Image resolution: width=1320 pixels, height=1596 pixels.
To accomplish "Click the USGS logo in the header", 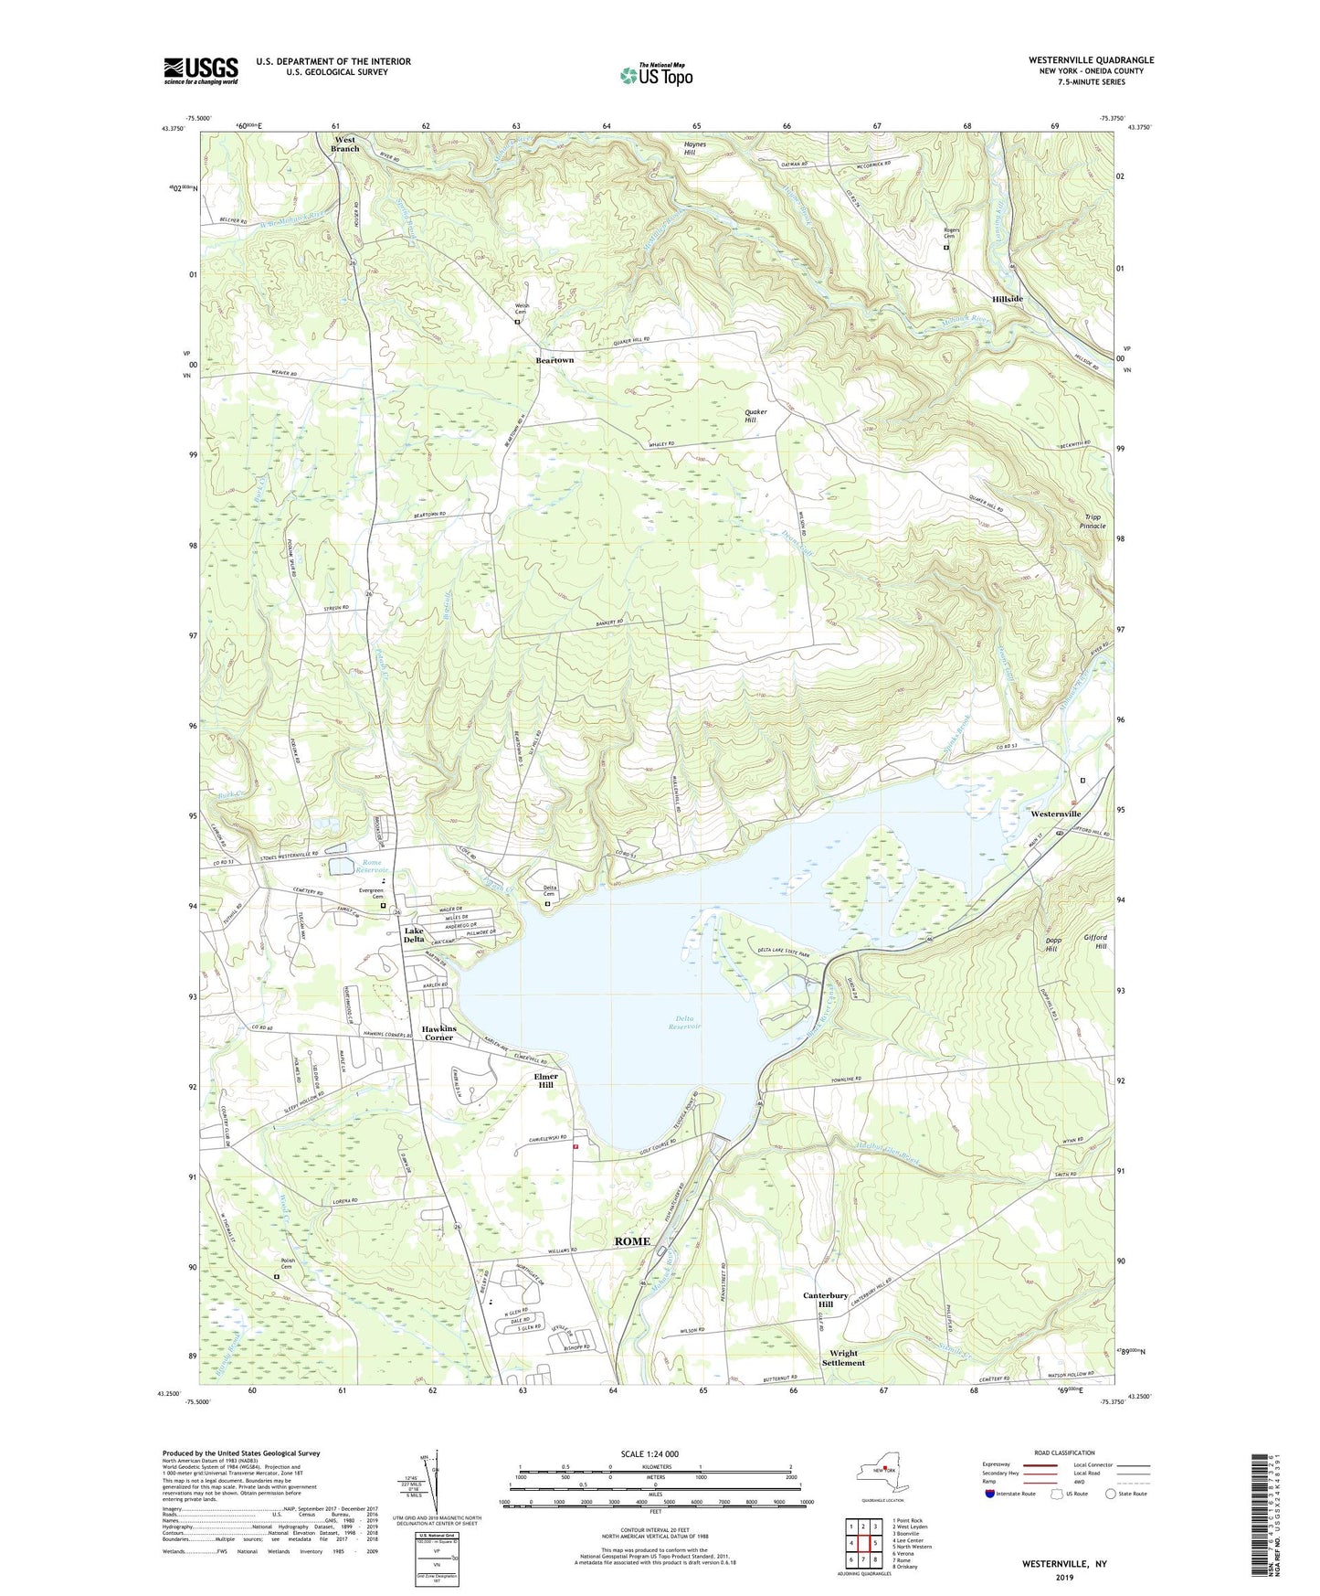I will [x=201, y=70].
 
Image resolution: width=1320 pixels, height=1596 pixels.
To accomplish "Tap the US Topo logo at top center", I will [x=655, y=75].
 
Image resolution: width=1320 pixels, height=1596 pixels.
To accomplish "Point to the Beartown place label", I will [x=554, y=360].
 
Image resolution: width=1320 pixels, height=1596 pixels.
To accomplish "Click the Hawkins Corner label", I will [x=438, y=1033].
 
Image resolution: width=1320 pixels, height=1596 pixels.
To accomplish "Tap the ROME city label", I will [x=632, y=1240].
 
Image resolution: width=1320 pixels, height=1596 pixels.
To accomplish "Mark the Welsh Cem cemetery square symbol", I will [x=517, y=322].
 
